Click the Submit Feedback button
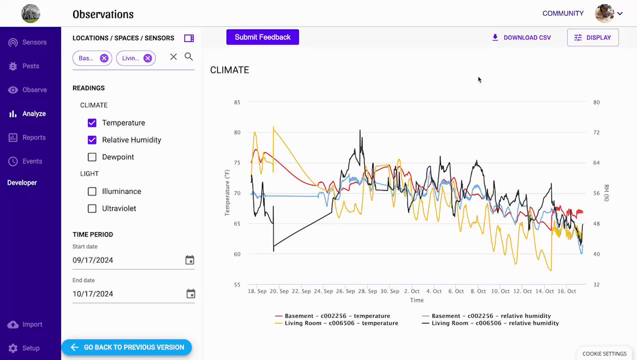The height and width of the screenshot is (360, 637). click(262, 37)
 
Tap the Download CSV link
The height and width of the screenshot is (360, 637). click(521, 37)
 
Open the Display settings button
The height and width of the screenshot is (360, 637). click(592, 37)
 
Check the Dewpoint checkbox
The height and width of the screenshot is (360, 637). click(92, 157)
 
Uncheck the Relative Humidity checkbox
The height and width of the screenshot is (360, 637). click(92, 140)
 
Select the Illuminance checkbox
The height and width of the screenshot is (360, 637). click(92, 191)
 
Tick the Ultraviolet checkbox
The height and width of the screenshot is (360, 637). click(92, 208)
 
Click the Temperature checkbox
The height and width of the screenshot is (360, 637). click(92, 123)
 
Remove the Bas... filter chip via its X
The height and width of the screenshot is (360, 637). click(104, 58)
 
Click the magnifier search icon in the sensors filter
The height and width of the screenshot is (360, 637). click(188, 57)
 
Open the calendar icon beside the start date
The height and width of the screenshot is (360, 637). click(189, 260)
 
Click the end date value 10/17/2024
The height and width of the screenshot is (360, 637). click(92, 294)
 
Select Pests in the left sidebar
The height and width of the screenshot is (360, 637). click(30, 66)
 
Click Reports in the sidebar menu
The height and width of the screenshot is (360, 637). click(33, 137)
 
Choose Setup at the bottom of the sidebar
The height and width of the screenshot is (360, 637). click(30, 348)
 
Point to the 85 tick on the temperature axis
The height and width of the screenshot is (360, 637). click(237, 102)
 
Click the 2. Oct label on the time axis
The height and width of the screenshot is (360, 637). click(412, 291)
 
